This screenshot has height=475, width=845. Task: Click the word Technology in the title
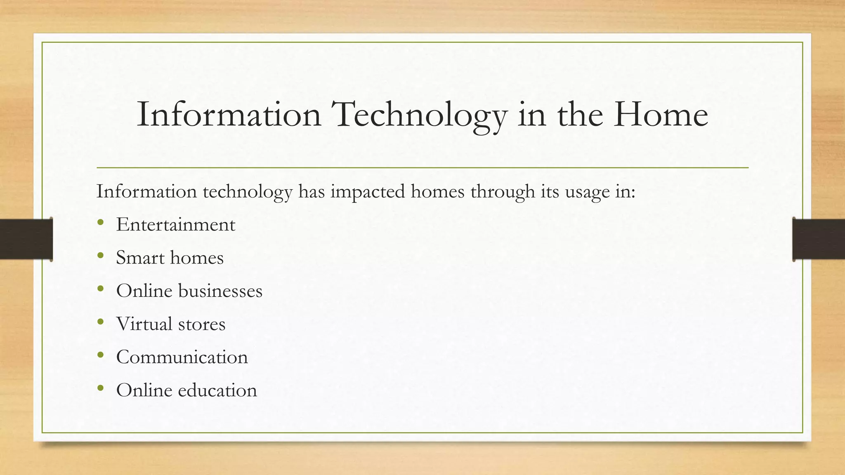tap(419, 115)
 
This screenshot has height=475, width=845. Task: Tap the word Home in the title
tap(660, 115)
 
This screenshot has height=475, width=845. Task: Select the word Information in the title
tap(229, 115)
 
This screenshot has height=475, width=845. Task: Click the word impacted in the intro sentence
tap(368, 192)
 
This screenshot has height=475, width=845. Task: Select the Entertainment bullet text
tap(175, 225)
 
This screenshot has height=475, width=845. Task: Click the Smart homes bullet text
tap(170, 258)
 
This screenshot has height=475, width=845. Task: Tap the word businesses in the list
tap(220, 291)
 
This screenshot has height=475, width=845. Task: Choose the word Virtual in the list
tap(144, 324)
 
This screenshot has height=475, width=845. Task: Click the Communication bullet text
tap(182, 357)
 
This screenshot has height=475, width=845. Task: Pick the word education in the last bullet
tap(217, 390)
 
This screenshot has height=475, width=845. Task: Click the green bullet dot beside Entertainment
tap(101, 223)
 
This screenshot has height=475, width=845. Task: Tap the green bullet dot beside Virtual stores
tap(101, 322)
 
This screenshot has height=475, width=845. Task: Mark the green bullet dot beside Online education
tap(101, 388)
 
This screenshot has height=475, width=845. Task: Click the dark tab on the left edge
tap(26, 239)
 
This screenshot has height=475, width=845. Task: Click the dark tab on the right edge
tap(819, 239)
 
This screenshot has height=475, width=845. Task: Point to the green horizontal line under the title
tap(422, 168)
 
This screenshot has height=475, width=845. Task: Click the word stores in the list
tap(202, 324)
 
